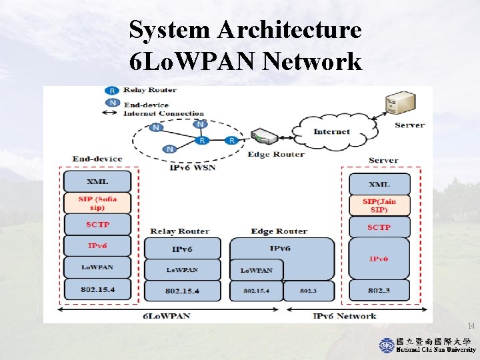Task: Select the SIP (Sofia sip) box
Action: pyautogui.click(x=97, y=203)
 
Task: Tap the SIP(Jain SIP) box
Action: pyautogui.click(x=379, y=205)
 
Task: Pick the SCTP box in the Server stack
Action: pyautogui.click(x=379, y=227)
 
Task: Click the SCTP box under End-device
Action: pyautogui.click(x=97, y=225)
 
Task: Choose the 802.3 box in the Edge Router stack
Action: pyautogui.click(x=308, y=291)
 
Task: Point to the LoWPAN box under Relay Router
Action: pyautogui.click(x=182, y=270)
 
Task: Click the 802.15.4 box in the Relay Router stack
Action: pyautogui.click(x=182, y=291)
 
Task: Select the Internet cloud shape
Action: pyautogui.click(x=331, y=131)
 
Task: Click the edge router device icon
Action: pyautogui.click(x=266, y=137)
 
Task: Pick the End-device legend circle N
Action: pyautogui.click(x=112, y=103)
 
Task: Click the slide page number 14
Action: pyautogui.click(x=471, y=326)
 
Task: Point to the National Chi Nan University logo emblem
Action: pyautogui.click(x=387, y=345)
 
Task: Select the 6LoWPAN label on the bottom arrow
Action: pyautogui.click(x=167, y=316)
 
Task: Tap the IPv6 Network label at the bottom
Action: pyautogui.click(x=345, y=316)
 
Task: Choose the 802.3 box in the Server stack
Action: pyautogui.click(x=379, y=291)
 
